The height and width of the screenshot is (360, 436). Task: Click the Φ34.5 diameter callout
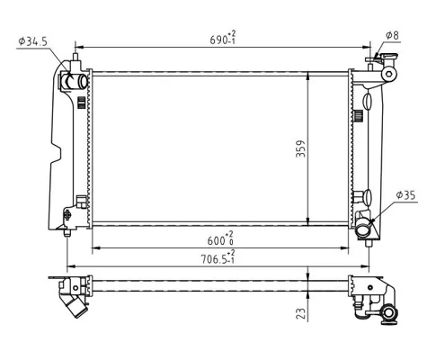[32, 41]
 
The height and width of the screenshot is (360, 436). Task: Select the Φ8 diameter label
[392, 35]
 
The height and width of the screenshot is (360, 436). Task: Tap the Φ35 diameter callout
[405, 195]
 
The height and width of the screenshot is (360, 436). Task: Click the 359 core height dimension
[300, 148]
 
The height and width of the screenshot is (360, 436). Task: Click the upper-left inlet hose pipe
[74, 81]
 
